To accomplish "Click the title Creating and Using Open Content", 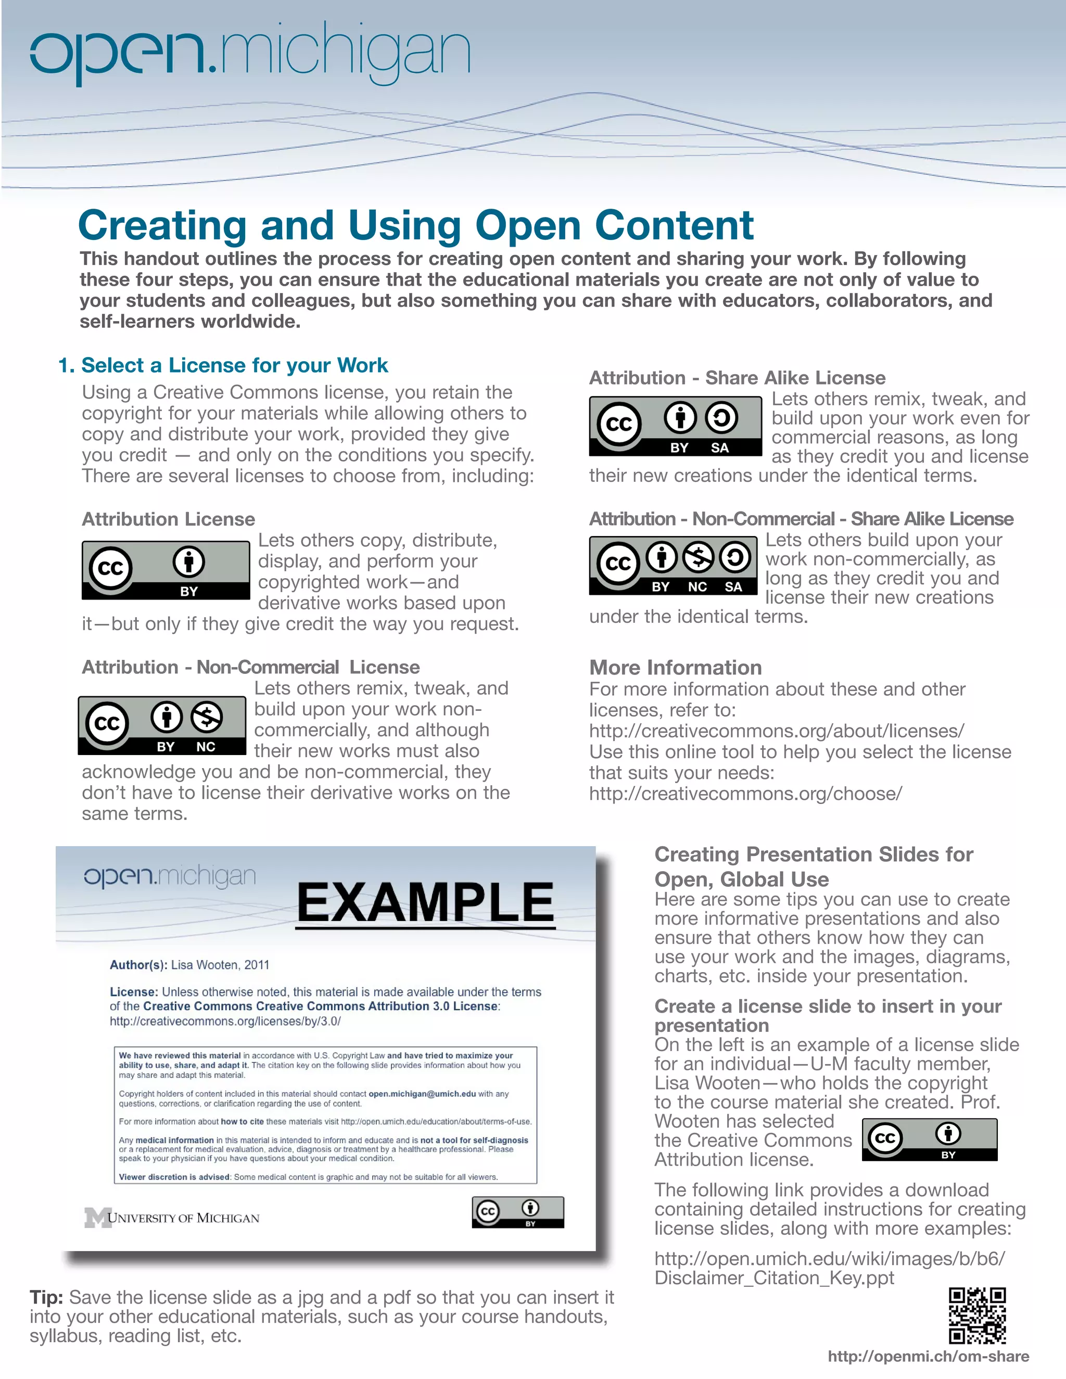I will (415, 225).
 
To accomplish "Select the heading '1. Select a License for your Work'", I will (222, 365).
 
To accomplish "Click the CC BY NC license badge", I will (162, 725).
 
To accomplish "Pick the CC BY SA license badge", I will (675, 426).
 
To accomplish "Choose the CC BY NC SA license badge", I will (672, 566).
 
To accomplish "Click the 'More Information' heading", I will (675, 668).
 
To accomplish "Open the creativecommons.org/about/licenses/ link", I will (776, 731).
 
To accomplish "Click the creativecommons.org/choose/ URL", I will (745, 793).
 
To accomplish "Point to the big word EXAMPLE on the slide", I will (425, 903).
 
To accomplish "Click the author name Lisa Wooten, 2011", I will (220, 965).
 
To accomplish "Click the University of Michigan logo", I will (172, 1217).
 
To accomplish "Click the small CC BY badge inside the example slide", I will (517, 1211).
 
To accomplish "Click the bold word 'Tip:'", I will (46, 1297).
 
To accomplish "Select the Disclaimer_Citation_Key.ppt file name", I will (773, 1278).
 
